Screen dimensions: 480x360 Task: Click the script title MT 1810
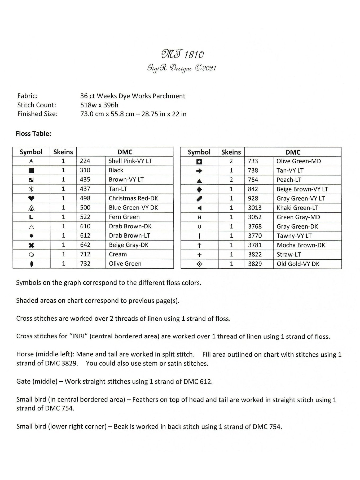(x=182, y=54)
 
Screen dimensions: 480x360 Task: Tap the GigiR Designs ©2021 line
(x=182, y=68)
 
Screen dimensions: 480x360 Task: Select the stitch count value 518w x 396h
(x=99, y=105)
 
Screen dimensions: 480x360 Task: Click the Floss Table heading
(x=33, y=134)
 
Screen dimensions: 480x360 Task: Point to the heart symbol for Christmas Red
(x=31, y=198)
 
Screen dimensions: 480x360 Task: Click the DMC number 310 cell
(x=85, y=170)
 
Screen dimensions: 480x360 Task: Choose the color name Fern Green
(x=124, y=217)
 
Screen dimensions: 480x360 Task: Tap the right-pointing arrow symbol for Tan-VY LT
(x=199, y=171)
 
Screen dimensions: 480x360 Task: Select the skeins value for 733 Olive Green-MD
(x=231, y=161)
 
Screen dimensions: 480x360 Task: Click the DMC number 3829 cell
(x=255, y=264)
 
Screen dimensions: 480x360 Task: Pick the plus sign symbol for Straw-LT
(x=199, y=255)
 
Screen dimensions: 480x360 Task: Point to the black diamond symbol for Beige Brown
(x=199, y=189)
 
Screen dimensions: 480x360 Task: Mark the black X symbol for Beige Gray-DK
(x=31, y=245)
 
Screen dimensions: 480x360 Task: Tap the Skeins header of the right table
(x=231, y=152)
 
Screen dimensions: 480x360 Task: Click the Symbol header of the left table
(x=31, y=152)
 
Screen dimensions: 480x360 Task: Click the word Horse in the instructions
(x=25, y=354)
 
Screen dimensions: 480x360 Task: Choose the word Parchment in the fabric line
(x=170, y=96)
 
